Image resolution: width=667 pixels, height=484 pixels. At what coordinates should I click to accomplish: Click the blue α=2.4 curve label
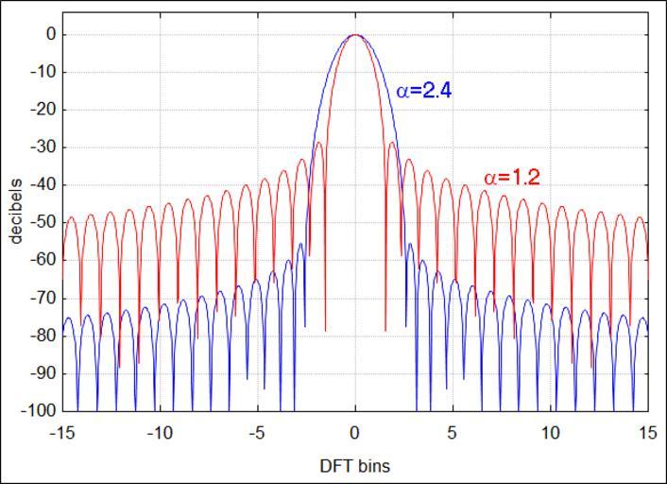point(423,92)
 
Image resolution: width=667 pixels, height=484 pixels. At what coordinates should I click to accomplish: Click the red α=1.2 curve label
point(511,177)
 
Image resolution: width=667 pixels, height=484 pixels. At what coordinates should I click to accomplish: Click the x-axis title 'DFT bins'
point(354,465)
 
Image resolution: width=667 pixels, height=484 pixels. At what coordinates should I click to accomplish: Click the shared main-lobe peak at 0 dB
point(355,35)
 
